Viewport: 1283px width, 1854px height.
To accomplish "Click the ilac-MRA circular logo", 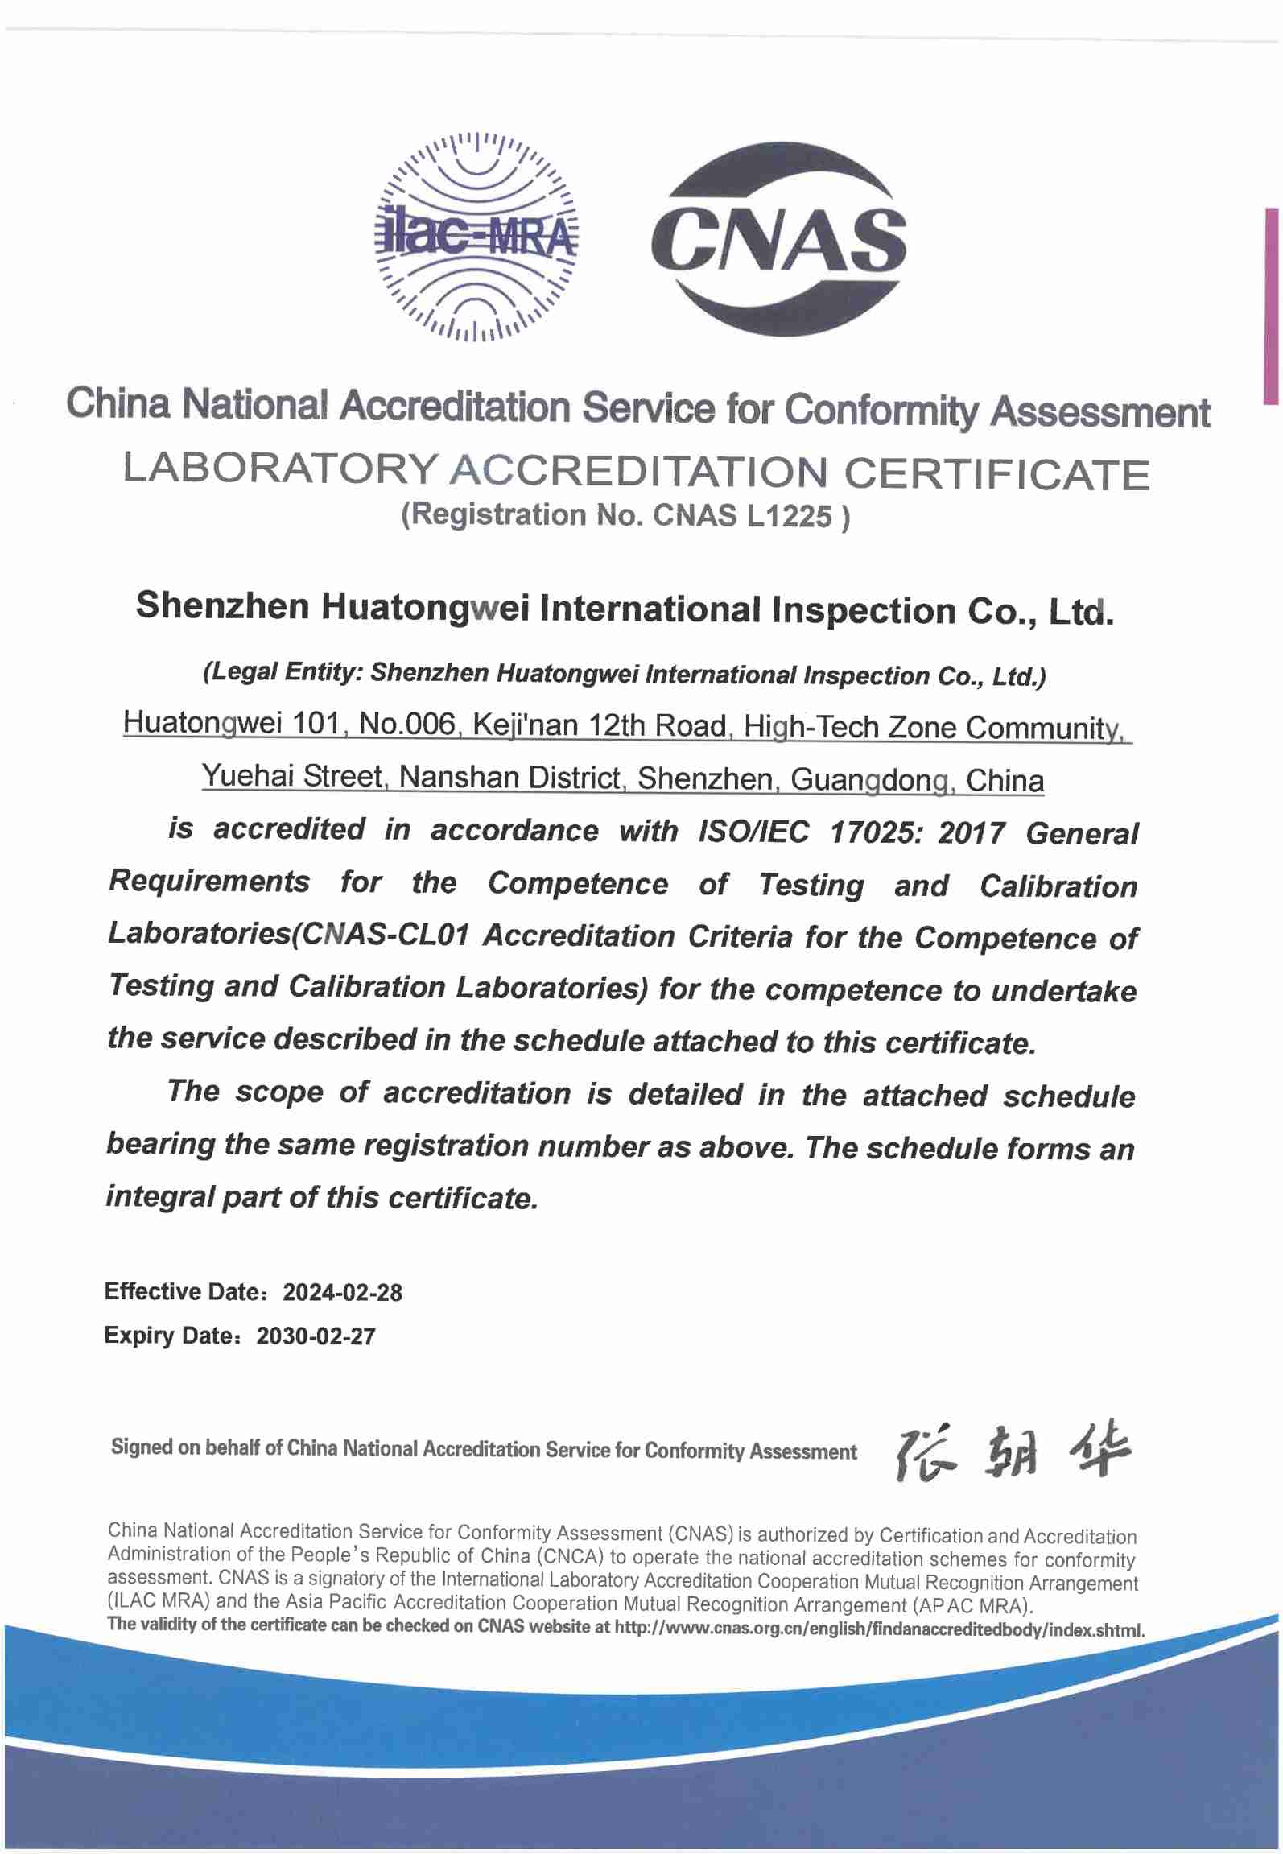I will (x=476, y=235).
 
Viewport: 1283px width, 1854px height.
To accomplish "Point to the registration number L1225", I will (x=789, y=516).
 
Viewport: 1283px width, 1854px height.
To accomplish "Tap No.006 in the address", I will (x=407, y=725).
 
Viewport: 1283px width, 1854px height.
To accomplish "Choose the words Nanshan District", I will (x=510, y=778).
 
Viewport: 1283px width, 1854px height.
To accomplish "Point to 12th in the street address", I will (x=616, y=726).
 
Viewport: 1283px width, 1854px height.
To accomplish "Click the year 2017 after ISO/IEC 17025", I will (x=971, y=833).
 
